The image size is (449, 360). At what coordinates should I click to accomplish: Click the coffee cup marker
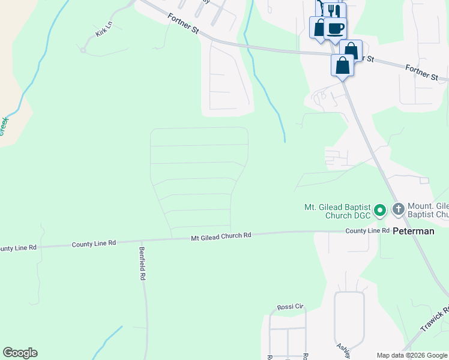336,28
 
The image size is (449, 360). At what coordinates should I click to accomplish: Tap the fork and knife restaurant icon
334,11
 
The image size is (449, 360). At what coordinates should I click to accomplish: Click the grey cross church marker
398,209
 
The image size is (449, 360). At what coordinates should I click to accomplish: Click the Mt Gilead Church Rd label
221,236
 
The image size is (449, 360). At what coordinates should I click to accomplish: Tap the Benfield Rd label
143,264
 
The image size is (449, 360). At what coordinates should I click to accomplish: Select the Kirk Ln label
104,28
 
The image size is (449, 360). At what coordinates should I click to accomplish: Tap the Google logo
20,353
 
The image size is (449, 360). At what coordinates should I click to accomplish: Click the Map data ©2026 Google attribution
411,355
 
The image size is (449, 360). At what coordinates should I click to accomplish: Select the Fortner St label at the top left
183,24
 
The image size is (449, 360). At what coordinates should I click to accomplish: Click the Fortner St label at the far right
422,72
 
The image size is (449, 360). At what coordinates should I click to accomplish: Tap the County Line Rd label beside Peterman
364,231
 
